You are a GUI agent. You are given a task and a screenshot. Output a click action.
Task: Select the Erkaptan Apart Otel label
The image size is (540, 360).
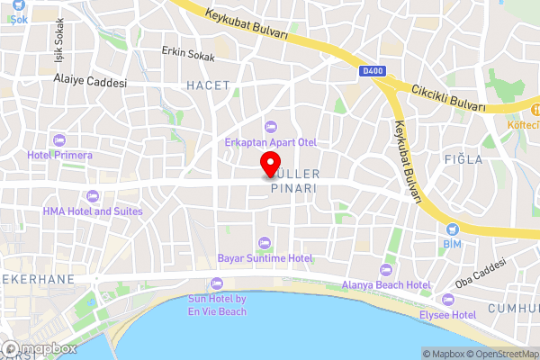(x=270, y=142)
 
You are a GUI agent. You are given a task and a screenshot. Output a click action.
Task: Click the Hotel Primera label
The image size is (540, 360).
(x=60, y=155)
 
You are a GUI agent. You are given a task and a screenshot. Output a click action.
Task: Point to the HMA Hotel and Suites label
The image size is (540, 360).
(x=92, y=211)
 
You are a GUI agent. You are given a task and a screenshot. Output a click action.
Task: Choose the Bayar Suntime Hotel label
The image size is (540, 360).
(x=265, y=258)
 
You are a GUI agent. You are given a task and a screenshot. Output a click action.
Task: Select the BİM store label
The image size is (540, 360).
(x=452, y=244)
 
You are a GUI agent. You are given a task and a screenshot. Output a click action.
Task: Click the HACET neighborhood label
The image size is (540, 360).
(x=208, y=85)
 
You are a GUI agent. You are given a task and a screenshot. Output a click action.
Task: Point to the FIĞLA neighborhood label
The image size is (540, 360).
(x=463, y=159)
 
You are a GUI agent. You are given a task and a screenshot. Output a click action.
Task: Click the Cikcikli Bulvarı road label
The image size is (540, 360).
(x=448, y=98)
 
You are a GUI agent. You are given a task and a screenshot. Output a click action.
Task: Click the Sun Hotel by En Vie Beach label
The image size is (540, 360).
(x=216, y=305)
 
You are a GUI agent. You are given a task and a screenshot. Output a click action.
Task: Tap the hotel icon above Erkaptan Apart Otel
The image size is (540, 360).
(x=270, y=126)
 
